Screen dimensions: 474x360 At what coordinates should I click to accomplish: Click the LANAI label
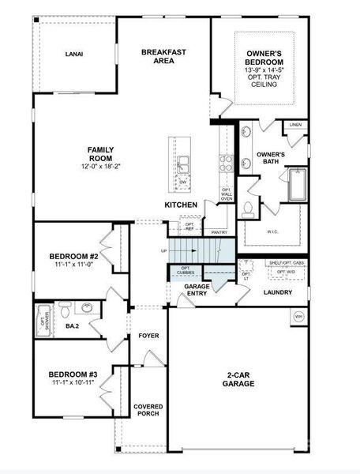click(x=74, y=54)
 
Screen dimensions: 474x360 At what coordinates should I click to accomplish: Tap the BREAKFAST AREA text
click(x=163, y=56)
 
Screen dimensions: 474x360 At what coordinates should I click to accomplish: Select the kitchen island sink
click(x=182, y=164)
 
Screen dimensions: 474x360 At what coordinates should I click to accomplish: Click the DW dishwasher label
click(x=182, y=182)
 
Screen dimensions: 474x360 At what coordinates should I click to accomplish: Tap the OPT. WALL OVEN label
click(x=227, y=194)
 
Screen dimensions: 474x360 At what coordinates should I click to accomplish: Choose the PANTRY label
click(x=220, y=232)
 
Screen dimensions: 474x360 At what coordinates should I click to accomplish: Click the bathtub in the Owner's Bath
click(x=298, y=185)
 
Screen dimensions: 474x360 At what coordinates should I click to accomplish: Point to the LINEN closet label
click(x=295, y=125)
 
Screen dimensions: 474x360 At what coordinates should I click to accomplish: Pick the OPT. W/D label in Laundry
click(x=286, y=273)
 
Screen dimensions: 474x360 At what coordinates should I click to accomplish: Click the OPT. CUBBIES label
click(x=186, y=271)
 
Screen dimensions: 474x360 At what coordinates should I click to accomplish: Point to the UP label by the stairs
click(x=163, y=251)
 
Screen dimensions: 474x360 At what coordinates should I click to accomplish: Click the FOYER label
click(x=148, y=336)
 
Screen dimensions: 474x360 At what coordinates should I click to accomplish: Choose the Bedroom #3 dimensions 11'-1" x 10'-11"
click(x=73, y=382)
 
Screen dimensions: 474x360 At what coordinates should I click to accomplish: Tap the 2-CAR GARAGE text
click(x=238, y=379)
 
